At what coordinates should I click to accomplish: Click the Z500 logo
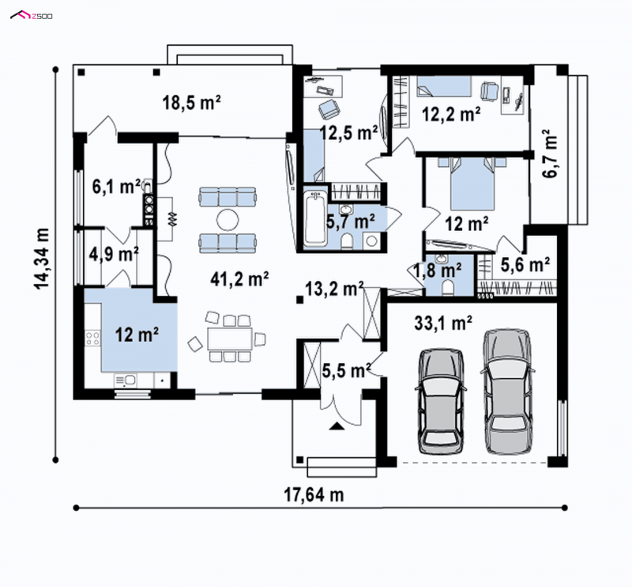tap(31, 15)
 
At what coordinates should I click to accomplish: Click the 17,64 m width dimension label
tap(314, 494)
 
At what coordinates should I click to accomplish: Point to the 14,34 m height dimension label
tap(42, 259)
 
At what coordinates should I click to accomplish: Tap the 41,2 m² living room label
tap(239, 278)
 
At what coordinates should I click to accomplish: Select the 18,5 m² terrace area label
tap(191, 102)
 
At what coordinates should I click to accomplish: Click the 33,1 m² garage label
tap(443, 323)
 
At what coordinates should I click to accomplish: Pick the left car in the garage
tap(441, 402)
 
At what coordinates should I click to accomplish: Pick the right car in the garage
tap(507, 391)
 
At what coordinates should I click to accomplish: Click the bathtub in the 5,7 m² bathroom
tap(314, 218)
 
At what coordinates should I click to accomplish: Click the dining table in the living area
tap(230, 339)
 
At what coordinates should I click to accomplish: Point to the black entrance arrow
tap(337, 426)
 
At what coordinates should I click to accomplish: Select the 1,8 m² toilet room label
tap(438, 269)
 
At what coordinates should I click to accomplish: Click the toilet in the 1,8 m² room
tap(447, 288)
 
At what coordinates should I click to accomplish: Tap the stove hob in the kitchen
tap(92, 338)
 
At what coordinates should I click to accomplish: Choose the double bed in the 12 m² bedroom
tap(472, 184)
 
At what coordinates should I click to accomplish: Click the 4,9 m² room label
tap(114, 254)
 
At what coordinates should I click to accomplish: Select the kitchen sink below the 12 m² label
tap(126, 380)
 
